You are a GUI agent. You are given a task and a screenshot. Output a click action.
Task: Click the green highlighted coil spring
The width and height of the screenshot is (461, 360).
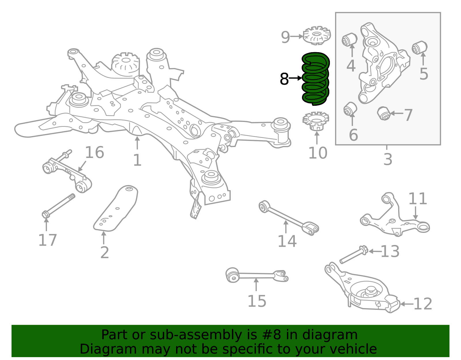(315, 78)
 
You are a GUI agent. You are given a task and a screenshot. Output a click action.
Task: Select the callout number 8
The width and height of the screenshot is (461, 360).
(284, 79)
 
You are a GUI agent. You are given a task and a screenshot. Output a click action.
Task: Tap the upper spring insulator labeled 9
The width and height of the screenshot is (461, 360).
(317, 36)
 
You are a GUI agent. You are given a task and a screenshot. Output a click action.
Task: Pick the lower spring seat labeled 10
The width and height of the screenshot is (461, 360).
(316, 121)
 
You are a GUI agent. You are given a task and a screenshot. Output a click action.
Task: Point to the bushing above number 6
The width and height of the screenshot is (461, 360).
(350, 109)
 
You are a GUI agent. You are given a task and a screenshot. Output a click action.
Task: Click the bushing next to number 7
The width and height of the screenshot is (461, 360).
(384, 113)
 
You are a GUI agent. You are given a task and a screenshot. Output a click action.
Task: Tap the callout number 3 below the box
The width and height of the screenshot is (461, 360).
(388, 159)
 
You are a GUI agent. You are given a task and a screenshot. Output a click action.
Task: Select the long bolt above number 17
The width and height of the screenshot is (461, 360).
(59, 205)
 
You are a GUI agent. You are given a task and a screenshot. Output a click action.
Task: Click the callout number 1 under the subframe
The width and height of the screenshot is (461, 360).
(137, 160)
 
